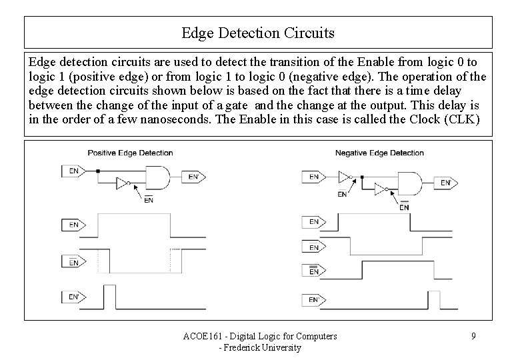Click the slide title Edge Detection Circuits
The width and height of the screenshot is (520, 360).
pos(258,32)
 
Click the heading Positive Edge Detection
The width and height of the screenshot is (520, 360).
pos(130,153)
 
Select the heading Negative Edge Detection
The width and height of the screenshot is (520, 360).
pos(379,153)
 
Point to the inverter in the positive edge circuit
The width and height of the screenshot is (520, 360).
pos(121,183)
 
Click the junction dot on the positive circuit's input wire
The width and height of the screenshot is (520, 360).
pos(97,171)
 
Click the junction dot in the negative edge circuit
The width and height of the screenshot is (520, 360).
pos(361,177)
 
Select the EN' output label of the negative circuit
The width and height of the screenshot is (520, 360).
pos(446,182)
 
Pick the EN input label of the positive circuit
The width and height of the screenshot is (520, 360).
pos(73,171)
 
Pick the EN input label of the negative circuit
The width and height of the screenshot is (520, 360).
pos(313,177)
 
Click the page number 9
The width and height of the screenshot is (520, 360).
pos(473,336)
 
